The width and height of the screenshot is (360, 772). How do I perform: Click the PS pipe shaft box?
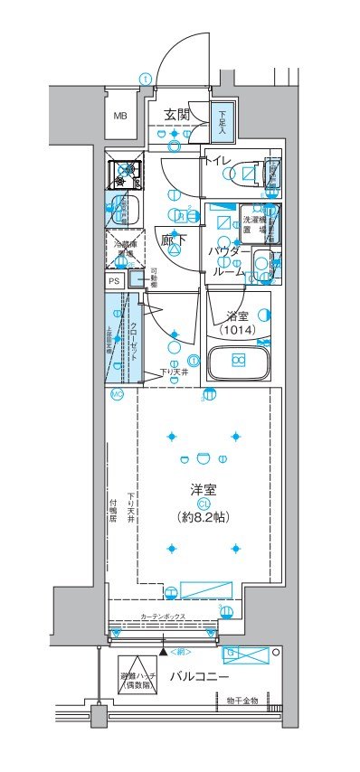114,281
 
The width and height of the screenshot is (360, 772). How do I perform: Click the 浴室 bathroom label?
236,315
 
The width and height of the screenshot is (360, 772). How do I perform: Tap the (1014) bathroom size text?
236,331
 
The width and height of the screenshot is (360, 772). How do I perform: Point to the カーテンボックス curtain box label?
164,617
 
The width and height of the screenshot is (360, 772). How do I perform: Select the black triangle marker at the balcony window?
163,651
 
